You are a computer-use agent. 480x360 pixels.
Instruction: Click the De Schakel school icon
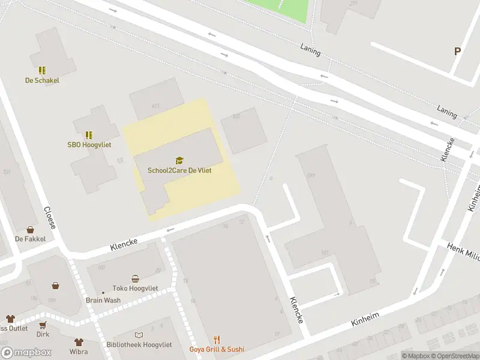[42, 70]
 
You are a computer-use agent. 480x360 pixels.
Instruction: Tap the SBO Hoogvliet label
[89, 145]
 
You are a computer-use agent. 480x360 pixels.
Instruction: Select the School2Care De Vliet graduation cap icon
[179, 160]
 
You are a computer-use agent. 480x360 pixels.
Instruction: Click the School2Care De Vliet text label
[179, 170]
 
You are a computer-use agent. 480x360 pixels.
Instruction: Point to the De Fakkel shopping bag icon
[30, 230]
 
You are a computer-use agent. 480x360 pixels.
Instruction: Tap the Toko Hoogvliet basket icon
[136, 278]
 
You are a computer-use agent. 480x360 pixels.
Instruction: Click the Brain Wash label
[103, 301]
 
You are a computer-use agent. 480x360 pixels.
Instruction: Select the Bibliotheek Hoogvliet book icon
[139, 335]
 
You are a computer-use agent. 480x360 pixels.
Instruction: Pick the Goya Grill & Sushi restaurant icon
[209, 340]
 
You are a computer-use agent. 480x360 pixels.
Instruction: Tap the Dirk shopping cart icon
[43, 325]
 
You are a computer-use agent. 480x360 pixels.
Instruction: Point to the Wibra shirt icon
[79, 343]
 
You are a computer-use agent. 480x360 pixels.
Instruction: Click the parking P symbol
[457, 52]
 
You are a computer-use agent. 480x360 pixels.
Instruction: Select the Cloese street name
[50, 217]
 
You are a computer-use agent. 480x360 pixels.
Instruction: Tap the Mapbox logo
[26, 353]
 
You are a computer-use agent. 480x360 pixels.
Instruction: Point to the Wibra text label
[79, 352]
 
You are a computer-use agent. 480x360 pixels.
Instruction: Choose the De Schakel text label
[42, 80]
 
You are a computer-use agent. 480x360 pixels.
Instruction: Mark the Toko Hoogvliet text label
[135, 289]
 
